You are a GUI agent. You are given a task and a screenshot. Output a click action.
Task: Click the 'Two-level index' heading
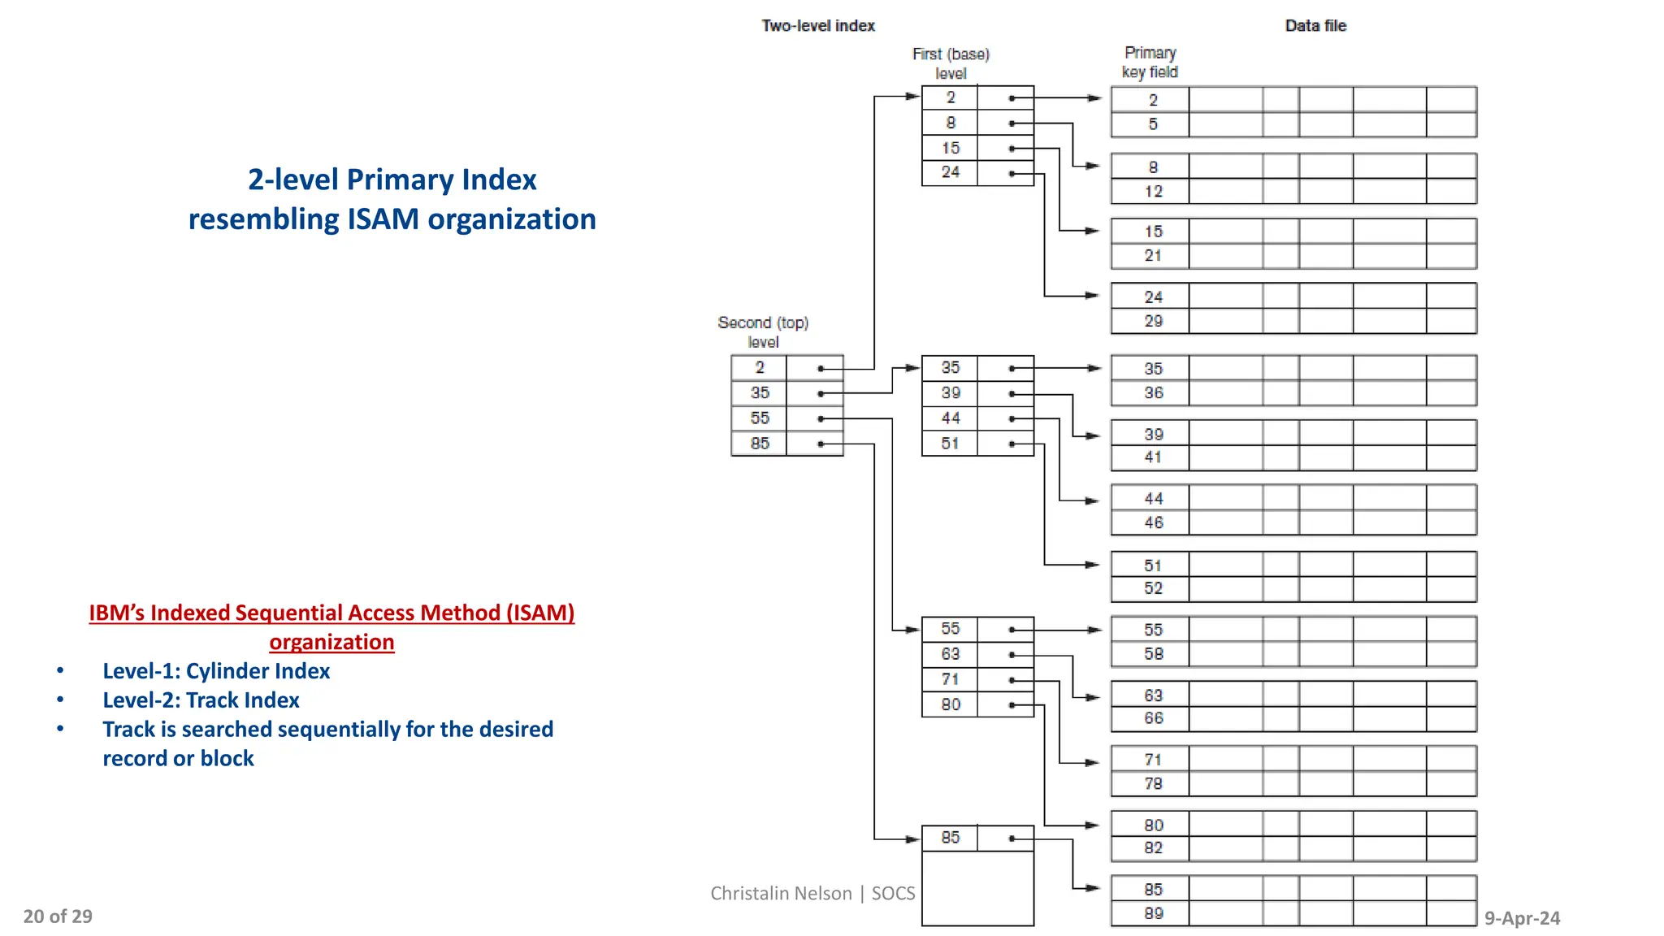[x=817, y=26]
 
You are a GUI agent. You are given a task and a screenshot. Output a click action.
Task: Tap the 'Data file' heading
[x=1315, y=26]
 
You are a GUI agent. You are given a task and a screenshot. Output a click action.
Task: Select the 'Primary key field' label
[x=1149, y=63]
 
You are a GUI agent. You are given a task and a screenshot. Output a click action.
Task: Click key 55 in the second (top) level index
[x=759, y=418]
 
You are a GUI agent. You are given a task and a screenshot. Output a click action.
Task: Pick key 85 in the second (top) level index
[x=759, y=444]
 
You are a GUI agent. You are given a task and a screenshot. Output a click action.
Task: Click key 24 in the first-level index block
[x=950, y=172]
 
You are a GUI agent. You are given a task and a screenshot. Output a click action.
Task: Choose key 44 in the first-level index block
[x=950, y=418]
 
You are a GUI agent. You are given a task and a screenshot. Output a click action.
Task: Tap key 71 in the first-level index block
[x=950, y=679]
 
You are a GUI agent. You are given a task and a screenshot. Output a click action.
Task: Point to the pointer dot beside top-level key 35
[x=821, y=394]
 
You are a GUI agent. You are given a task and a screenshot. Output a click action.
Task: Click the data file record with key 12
[x=1153, y=192]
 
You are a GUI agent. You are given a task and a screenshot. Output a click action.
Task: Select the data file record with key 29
[x=1153, y=321]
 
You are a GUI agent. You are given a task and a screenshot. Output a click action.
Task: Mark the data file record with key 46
[x=1153, y=522]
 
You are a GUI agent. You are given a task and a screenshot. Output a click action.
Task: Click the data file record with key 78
[x=1153, y=784]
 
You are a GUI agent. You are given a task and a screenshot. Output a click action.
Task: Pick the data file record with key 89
[x=1153, y=913]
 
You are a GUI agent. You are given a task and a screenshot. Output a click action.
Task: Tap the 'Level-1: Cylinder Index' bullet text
[x=216, y=671]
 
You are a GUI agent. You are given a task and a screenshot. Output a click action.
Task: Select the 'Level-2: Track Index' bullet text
[x=201, y=700]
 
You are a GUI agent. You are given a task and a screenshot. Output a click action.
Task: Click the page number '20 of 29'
[x=58, y=916]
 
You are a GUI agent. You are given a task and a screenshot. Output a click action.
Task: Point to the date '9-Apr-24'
[x=1522, y=918]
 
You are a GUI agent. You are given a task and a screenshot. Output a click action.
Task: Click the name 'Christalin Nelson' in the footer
[x=781, y=894]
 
